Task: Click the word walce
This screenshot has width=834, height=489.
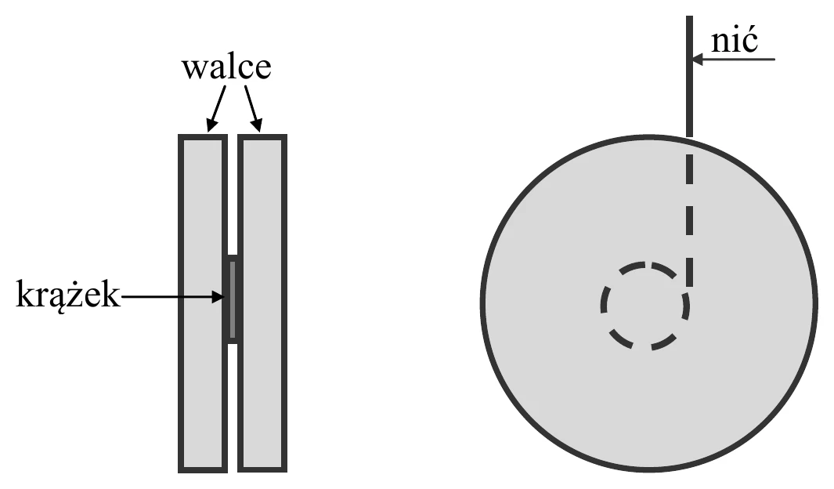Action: coord(226,67)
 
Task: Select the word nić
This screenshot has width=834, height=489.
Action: coord(734,40)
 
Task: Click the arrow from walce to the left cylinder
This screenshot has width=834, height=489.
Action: coord(216,109)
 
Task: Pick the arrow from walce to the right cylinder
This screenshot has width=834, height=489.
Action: coord(253,109)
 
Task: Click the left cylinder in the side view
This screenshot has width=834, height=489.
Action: coord(203,303)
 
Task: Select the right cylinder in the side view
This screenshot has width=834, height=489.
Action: coord(263,303)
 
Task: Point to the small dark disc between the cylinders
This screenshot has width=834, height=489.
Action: coord(233,299)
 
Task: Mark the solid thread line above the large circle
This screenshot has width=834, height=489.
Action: coord(689,76)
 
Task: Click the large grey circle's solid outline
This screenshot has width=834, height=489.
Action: coord(482,303)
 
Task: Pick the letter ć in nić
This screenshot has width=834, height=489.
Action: coord(749,40)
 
